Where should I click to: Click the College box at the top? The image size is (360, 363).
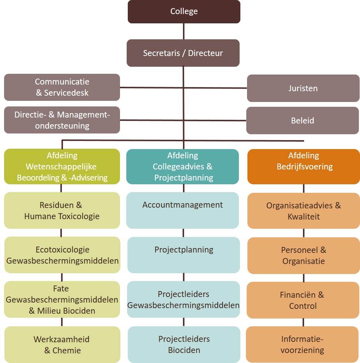(x=184, y=11)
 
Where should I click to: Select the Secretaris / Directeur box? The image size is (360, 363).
(x=183, y=53)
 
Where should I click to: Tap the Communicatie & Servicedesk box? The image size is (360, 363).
(x=62, y=87)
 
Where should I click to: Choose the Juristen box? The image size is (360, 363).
(x=303, y=88)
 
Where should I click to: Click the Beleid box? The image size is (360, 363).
(x=303, y=121)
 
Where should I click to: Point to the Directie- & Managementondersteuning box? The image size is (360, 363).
(x=62, y=120)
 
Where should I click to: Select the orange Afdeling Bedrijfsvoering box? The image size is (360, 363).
(x=304, y=167)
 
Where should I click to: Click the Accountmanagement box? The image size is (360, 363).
(x=183, y=211)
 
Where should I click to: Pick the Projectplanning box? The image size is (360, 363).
(x=184, y=255)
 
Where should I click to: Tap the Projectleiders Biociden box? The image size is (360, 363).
(x=184, y=344)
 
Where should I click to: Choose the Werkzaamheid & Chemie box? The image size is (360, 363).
(x=62, y=345)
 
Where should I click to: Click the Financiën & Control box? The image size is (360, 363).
(x=303, y=300)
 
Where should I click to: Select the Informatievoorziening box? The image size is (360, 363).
(x=302, y=344)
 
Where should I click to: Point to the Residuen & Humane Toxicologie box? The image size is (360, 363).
(x=62, y=211)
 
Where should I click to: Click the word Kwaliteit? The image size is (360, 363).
(x=304, y=217)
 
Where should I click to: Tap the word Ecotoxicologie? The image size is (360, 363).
(x=63, y=250)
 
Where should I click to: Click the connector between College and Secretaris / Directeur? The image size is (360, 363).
(x=184, y=31)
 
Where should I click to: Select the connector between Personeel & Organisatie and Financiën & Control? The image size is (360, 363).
(x=304, y=278)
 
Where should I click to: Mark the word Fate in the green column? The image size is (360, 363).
(x=61, y=289)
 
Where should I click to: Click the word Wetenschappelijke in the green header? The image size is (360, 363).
(x=61, y=167)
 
